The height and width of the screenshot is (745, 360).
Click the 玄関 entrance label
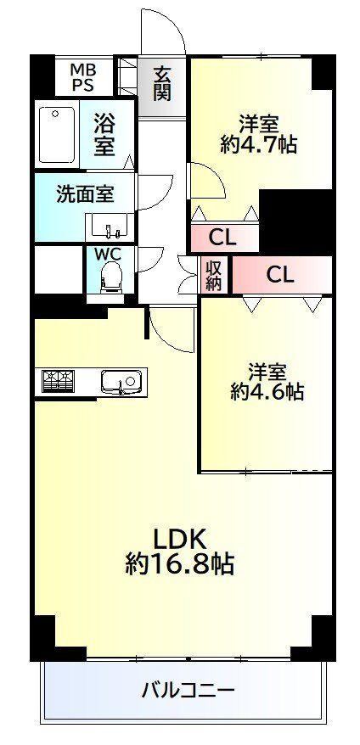coord(161,84)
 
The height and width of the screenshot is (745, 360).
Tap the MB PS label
coord(83,78)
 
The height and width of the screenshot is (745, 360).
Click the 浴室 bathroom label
coord(104,135)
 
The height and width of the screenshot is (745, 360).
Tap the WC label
coord(109,255)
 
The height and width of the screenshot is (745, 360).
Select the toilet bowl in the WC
coord(111,278)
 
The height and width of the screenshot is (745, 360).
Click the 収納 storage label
coord(214,275)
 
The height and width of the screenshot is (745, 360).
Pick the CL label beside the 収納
coord(280,274)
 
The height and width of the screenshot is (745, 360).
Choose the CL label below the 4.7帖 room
coord(222,238)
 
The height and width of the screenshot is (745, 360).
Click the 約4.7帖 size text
coord(259,143)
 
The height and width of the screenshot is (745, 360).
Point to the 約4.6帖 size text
coord(267,390)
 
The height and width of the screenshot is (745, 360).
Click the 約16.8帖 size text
coord(179,564)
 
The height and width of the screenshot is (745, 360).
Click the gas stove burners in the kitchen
coord(58,381)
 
